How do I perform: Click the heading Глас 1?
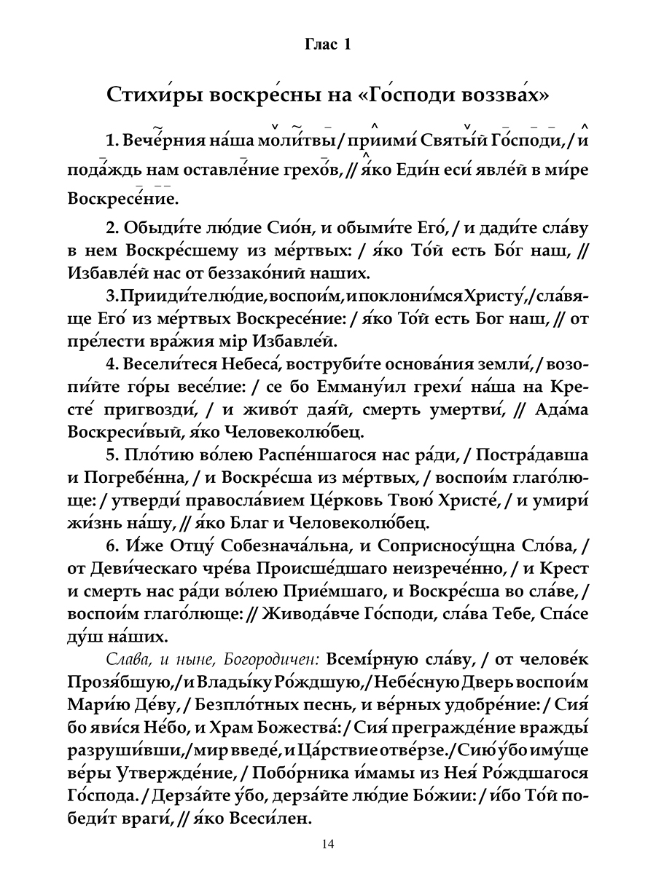point(327,46)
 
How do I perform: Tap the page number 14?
point(327,844)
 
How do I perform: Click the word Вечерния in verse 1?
point(158,140)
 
